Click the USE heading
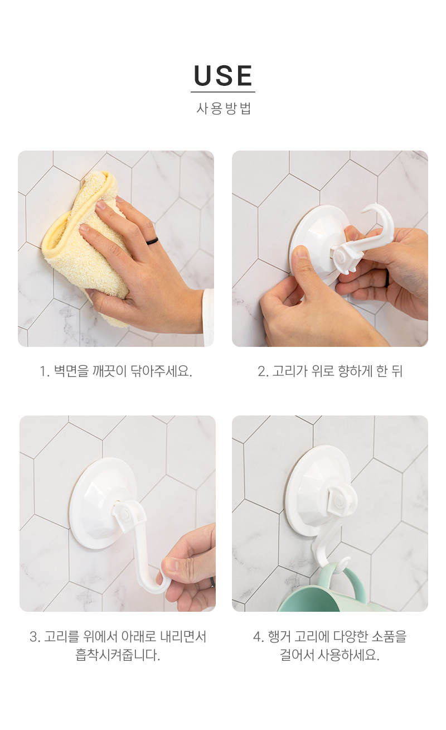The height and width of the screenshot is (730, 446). pyautogui.click(x=223, y=75)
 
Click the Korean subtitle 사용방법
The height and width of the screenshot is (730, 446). pyautogui.click(x=223, y=108)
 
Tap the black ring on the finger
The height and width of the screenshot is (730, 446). pyautogui.click(x=152, y=241)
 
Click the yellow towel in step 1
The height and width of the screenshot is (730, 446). pyautogui.click(x=85, y=248)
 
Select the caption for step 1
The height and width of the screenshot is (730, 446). pyautogui.click(x=116, y=371)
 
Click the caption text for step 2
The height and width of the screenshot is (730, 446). pyautogui.click(x=330, y=371)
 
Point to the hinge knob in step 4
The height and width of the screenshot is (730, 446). pyautogui.click(x=338, y=501)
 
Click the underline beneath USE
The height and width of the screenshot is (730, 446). pyautogui.click(x=223, y=92)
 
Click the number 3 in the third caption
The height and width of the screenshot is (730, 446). pyautogui.click(x=33, y=636)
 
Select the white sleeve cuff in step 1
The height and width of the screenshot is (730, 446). pyautogui.click(x=209, y=316)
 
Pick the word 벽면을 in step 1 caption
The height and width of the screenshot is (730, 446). pyautogui.click(x=71, y=371)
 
